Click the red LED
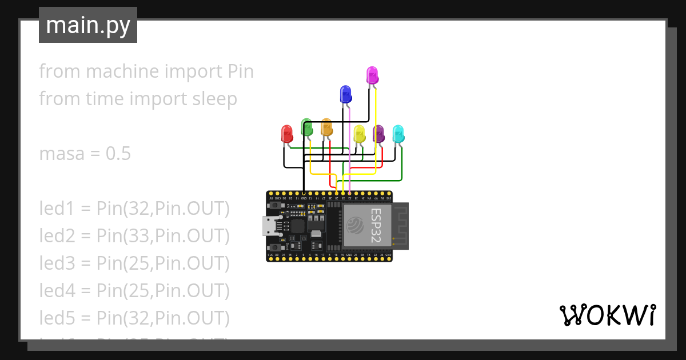pyautogui.click(x=287, y=134)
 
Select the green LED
pyautogui.click(x=306, y=127)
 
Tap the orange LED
pyautogui.click(x=326, y=127)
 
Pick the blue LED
pyautogui.click(x=345, y=94)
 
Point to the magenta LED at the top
pyautogui.click(x=372, y=75)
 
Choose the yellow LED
pyautogui.click(x=359, y=134)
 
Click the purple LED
pyautogui.click(x=378, y=134)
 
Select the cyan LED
pyautogui.click(x=398, y=134)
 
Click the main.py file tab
pyautogui.click(x=88, y=25)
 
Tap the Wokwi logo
pyautogui.click(x=607, y=315)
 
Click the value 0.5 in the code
pyautogui.click(x=118, y=154)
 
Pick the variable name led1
pyautogui.click(x=54, y=209)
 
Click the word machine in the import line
pyautogui.click(x=122, y=71)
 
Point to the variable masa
pyautogui.click(x=61, y=154)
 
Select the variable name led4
pyautogui.click(x=55, y=291)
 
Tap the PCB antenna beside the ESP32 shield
pyautogui.click(x=401, y=226)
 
